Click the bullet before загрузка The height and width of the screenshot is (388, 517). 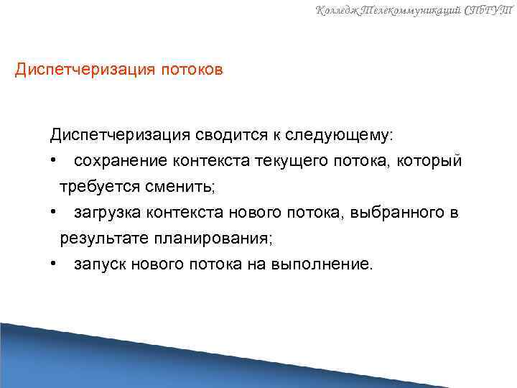point(54,213)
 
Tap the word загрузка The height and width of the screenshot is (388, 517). point(106,213)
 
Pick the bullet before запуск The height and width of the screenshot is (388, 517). point(54,264)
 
